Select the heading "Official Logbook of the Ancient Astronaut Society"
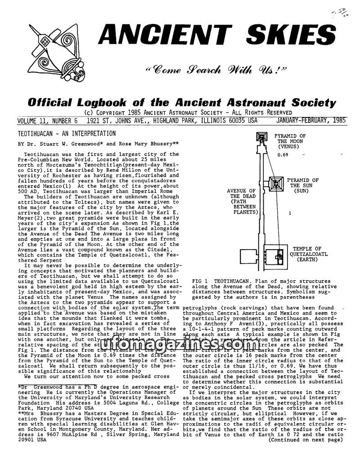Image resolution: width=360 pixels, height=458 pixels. [182, 102]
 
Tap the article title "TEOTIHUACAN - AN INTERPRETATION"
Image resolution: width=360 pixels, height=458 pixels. [67, 134]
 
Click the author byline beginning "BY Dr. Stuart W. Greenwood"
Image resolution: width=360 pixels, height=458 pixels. [98, 144]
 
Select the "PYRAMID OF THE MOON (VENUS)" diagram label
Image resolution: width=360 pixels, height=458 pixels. [290, 141]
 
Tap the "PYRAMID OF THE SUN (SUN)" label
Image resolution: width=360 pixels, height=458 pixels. [302, 186]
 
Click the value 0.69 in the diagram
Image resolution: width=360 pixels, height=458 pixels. [283, 155]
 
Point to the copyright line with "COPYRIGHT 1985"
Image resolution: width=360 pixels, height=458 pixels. [188, 112]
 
